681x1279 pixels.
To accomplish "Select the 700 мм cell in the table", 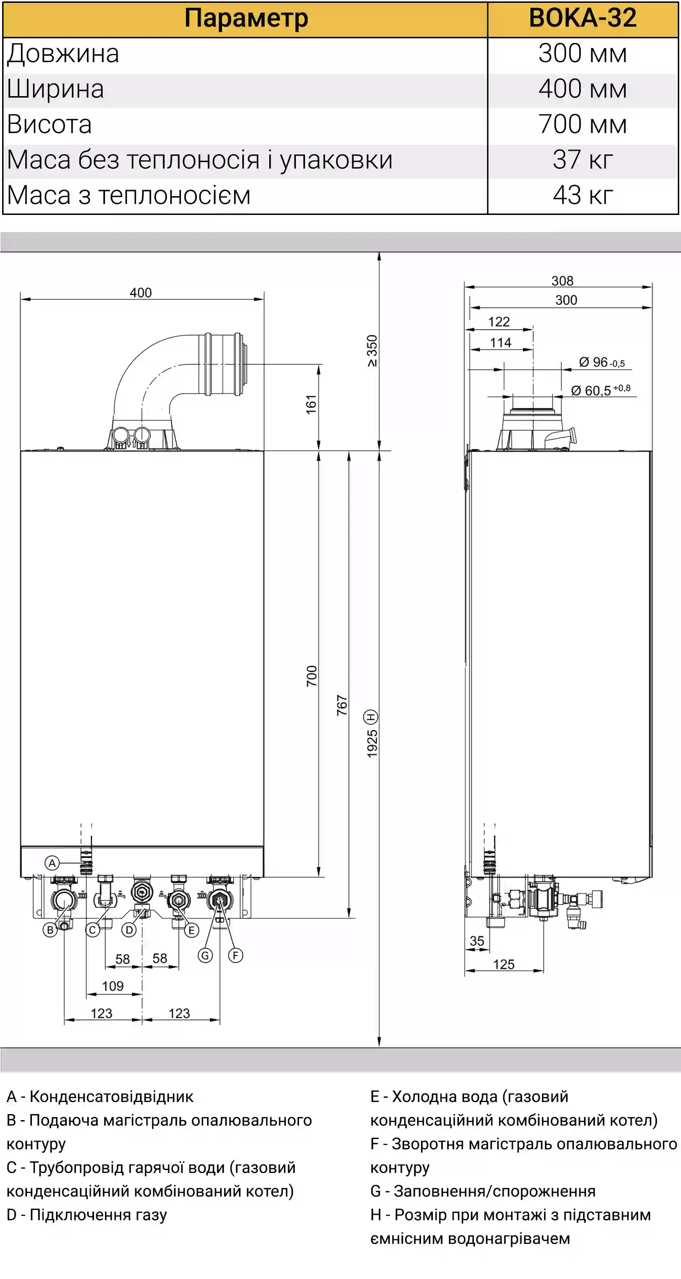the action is coord(582,124).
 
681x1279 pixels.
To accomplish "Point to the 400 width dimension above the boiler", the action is coord(140,293).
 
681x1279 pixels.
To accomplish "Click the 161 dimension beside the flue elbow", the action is coord(311,405).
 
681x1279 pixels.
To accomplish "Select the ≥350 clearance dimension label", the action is coord(372,351).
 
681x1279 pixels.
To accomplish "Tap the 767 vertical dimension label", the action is coord(342,705).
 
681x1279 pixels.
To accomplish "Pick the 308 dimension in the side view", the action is coord(563,281).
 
